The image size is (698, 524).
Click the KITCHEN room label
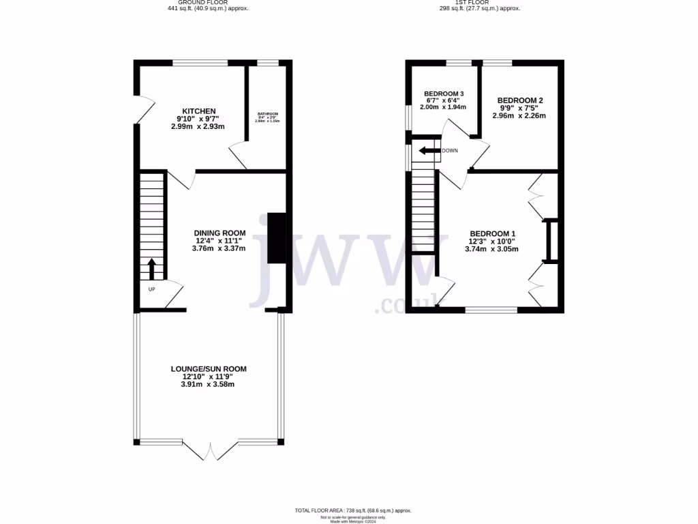point(198,111)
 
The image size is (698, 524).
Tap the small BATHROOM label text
point(267,114)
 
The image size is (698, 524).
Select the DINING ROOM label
point(219,233)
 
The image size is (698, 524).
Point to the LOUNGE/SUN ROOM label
point(209,369)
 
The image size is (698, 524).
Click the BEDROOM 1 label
point(491,233)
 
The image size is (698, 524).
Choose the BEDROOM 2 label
point(519,100)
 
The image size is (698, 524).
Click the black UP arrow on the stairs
point(151,269)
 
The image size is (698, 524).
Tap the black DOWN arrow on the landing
point(429,151)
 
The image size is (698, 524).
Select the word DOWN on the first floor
point(450,151)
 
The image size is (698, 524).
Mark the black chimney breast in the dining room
point(277,238)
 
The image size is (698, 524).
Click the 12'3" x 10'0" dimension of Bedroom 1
point(491,241)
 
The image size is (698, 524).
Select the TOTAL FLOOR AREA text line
point(352,510)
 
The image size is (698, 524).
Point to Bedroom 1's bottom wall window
point(491,310)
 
